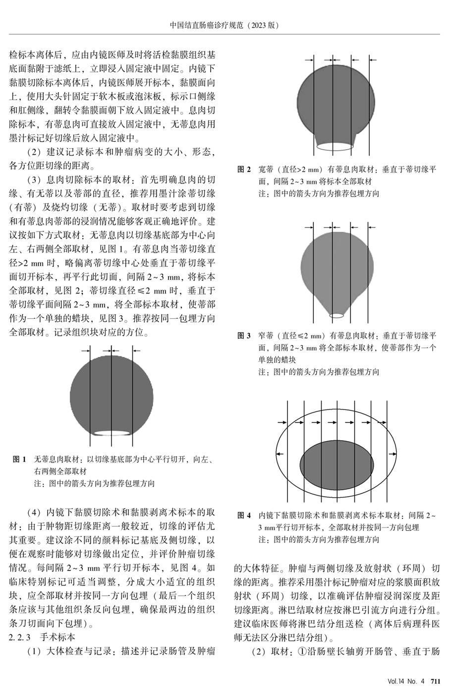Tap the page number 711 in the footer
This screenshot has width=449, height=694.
[x=435, y=681]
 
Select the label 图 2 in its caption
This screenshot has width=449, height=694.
[x=244, y=170]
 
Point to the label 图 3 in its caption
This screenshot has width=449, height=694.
[x=244, y=336]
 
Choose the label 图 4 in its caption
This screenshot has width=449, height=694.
[x=244, y=516]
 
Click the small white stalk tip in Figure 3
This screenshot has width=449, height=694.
[x=337, y=315]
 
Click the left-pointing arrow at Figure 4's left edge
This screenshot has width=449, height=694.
[x=281, y=453]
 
